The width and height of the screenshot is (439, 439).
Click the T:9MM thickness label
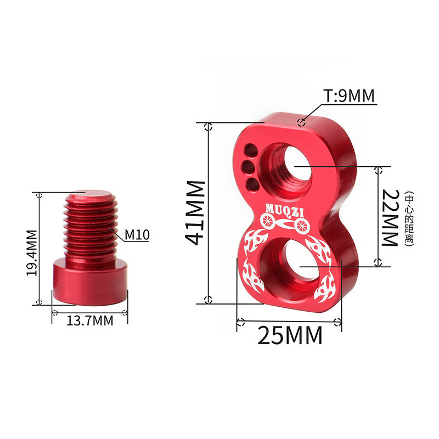[348, 97]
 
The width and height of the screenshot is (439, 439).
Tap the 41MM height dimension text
[195, 212]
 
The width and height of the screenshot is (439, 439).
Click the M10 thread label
[137, 235]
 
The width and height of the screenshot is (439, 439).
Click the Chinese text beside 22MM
[409, 218]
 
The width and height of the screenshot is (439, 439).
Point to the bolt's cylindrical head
[90, 283]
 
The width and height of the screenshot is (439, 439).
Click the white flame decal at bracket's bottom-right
[323, 291]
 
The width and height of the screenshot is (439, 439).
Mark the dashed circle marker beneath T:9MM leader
[300, 122]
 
